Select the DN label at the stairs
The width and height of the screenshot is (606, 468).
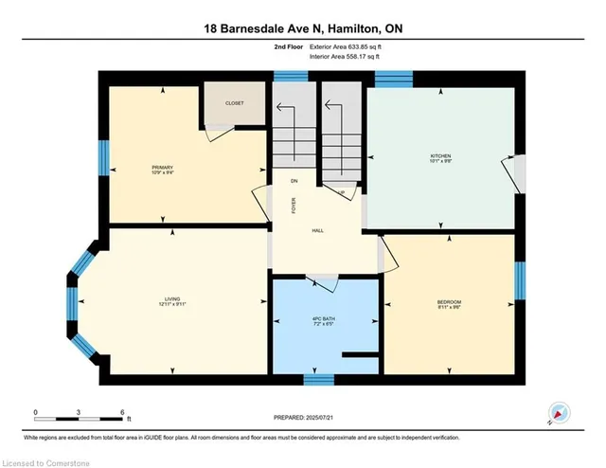294,180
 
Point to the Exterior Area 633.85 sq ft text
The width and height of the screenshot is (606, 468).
345,46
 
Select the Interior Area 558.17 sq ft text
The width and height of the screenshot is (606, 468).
345,57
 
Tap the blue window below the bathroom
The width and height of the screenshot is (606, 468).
318,379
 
